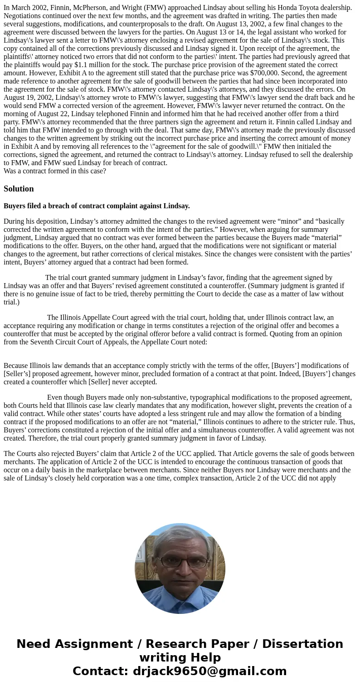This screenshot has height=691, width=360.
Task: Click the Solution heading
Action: (x=19, y=189)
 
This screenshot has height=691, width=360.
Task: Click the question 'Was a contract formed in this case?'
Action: (x=55, y=171)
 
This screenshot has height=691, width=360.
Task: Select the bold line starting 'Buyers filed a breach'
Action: (x=97, y=206)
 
